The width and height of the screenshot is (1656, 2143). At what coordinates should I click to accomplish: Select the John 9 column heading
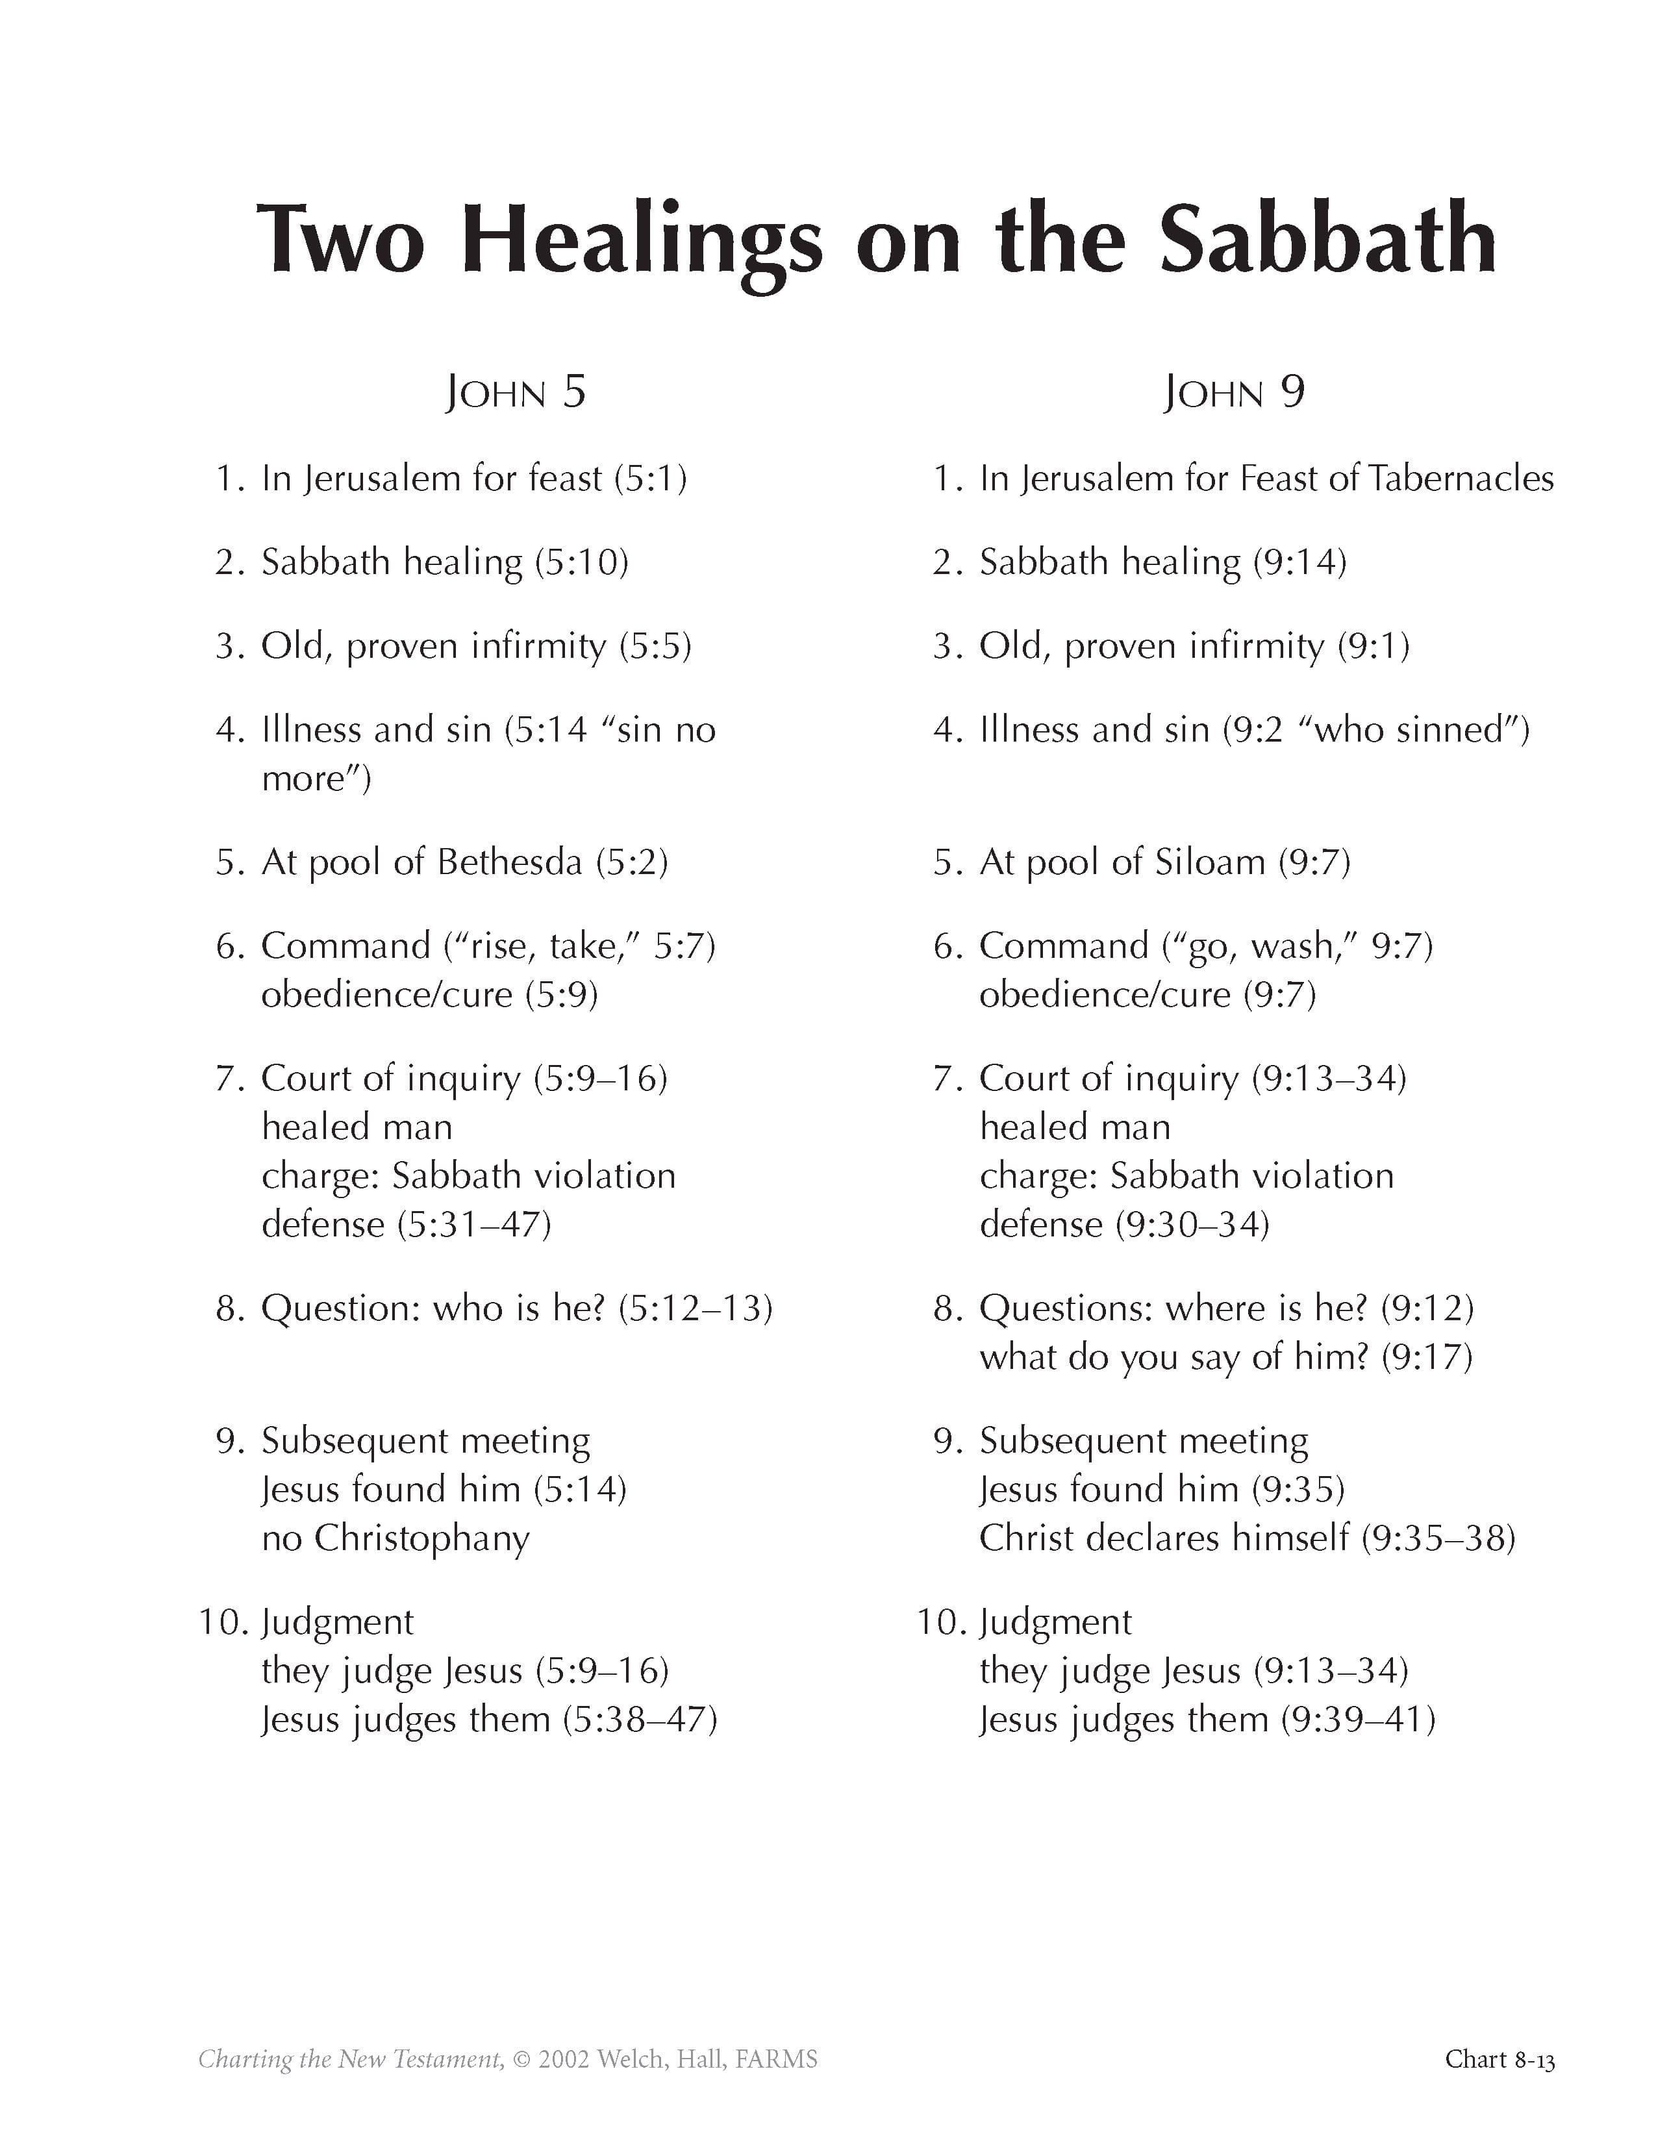[x=1233, y=392]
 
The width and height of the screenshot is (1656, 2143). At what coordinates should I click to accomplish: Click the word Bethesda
[x=509, y=862]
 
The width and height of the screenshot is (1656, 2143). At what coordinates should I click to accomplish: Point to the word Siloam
[x=1210, y=862]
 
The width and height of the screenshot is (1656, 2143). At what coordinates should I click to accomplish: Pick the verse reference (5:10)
[x=582, y=562]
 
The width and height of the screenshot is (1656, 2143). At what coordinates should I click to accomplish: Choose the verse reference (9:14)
[x=1300, y=562]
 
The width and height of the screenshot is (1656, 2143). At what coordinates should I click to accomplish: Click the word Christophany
[x=422, y=1538]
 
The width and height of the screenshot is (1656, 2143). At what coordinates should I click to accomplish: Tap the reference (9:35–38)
[x=1438, y=1538]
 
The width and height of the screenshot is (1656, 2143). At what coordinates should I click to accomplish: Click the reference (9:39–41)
[x=1359, y=1719]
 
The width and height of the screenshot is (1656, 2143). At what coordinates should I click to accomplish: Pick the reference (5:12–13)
[x=696, y=1308]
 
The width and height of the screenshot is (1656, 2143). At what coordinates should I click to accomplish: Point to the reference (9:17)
[x=1427, y=1357]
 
